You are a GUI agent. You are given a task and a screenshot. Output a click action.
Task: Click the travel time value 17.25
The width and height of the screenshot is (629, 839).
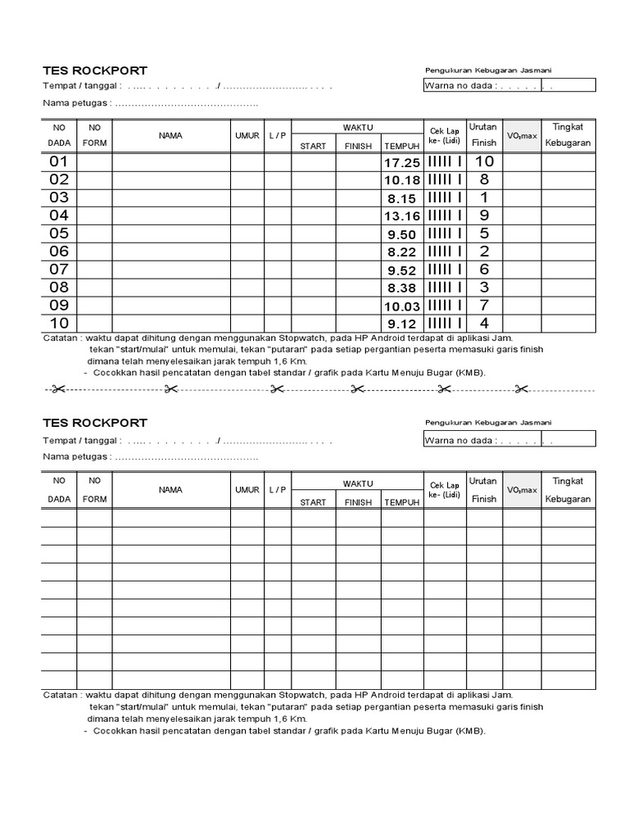coord(401,163)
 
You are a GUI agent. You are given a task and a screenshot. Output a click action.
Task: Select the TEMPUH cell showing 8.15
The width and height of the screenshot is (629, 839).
coord(401,198)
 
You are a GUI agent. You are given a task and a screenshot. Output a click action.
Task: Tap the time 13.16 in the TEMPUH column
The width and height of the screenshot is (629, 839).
coord(401,216)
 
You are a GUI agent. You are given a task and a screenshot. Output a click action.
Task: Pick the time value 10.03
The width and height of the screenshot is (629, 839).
coord(401,306)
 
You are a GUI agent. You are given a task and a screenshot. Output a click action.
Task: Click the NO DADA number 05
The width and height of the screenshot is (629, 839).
coord(59,234)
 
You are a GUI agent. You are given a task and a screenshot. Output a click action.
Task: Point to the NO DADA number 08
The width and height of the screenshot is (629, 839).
coord(59,288)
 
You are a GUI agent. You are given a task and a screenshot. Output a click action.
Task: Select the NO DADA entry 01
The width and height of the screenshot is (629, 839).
coord(59,162)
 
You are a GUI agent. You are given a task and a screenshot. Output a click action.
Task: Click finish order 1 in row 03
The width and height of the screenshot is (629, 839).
coord(484,197)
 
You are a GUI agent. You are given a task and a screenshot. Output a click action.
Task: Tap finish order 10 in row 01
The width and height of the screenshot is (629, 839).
coord(484,162)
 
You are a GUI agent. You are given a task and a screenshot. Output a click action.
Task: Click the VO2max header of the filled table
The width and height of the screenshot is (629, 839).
coord(522,136)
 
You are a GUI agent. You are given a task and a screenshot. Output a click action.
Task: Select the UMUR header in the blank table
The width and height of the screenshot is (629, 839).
coord(247,490)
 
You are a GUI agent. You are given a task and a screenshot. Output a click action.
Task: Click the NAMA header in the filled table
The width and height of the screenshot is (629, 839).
coord(170,136)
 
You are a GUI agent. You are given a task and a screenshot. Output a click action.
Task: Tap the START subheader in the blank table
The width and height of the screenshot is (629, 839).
coord(313,502)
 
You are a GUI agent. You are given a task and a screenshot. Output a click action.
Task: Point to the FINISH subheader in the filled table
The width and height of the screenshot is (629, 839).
coord(358,147)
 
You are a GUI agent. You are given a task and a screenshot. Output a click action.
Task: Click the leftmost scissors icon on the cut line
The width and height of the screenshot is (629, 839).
coord(57,388)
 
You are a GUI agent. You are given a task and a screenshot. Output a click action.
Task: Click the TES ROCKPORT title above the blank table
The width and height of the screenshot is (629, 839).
coord(95,423)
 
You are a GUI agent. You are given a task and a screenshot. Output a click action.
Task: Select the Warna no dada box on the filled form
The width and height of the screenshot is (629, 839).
coord(509,85)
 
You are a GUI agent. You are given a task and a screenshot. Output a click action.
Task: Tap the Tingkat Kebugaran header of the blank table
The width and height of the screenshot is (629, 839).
coord(568,490)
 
